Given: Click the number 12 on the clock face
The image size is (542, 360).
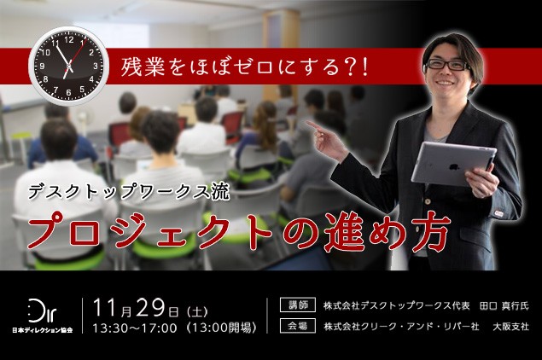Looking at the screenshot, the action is click(x=69, y=40).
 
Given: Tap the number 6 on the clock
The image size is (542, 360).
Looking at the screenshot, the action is click(x=68, y=92).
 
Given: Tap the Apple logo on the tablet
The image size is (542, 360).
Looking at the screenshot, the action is click(x=452, y=167).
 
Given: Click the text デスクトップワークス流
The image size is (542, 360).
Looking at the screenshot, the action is click(x=129, y=192).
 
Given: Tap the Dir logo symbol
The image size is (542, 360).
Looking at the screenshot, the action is click(x=42, y=311).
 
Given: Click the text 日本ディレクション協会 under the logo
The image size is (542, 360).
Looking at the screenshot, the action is click(x=42, y=330).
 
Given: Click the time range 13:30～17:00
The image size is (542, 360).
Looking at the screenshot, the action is click(x=135, y=328).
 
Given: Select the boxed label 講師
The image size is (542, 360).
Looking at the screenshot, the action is click(x=298, y=305).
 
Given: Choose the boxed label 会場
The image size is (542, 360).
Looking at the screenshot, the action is click(x=298, y=326).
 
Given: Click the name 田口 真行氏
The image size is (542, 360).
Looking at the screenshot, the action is click(x=504, y=305).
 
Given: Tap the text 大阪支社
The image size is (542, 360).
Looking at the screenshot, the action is click(x=511, y=326).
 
